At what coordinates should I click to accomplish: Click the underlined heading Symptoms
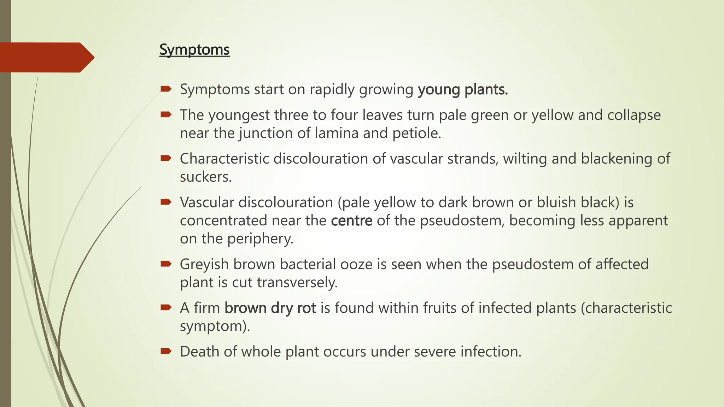point(194,49)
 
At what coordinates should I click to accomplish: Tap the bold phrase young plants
point(463,89)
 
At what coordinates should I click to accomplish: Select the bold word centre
point(351,220)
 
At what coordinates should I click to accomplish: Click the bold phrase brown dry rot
point(270,308)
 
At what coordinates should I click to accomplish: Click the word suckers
point(205,177)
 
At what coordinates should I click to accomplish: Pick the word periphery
point(260,238)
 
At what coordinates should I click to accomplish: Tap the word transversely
point(297,282)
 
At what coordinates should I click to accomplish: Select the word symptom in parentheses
point(212,326)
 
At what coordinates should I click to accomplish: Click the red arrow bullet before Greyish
point(166,264)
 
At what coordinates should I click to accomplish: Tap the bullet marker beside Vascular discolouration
point(166,202)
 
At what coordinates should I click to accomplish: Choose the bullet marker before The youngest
point(166,114)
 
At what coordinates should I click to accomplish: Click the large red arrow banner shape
point(46,57)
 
